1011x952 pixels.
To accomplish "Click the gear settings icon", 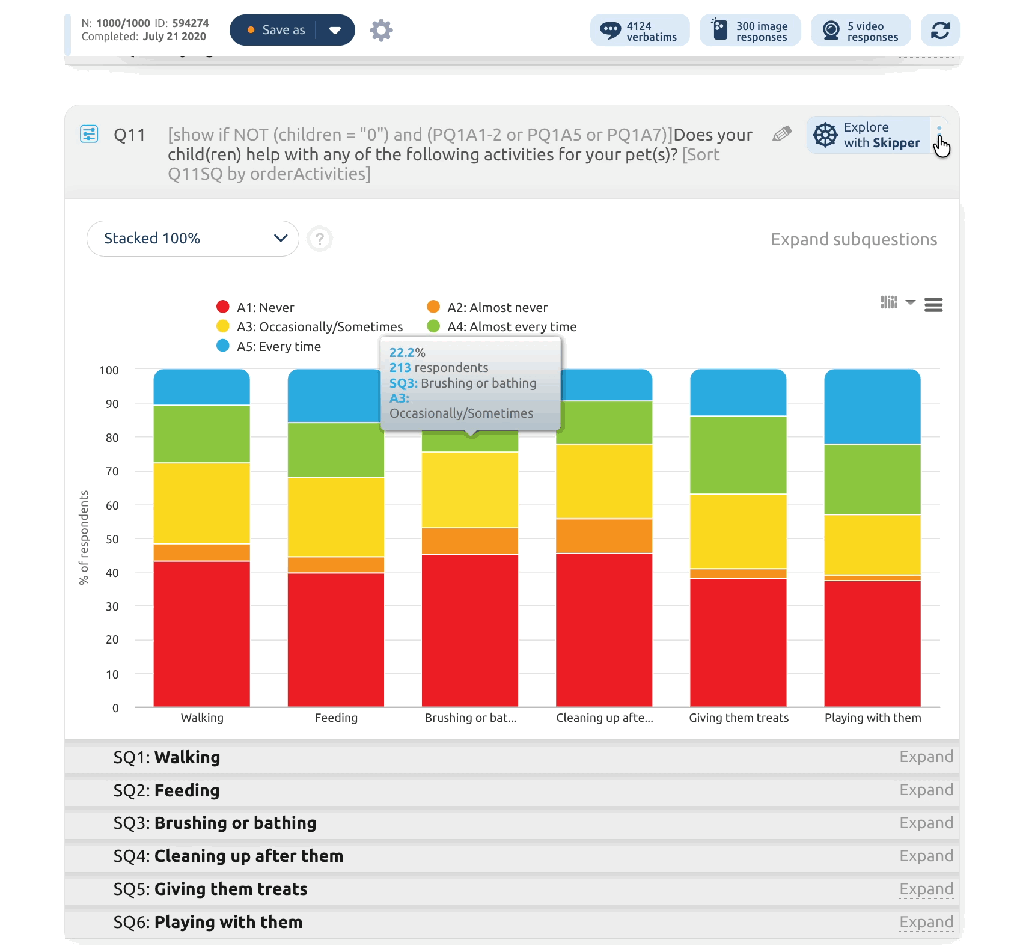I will (381, 30).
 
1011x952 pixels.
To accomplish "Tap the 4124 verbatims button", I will (640, 31).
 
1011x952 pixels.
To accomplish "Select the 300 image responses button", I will (750, 31).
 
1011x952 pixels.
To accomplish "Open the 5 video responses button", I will (860, 31).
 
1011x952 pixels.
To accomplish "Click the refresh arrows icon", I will (940, 30).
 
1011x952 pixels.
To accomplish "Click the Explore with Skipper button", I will (868, 135).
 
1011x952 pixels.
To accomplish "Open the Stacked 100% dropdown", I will (192, 239).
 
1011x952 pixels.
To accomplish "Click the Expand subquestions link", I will (854, 239).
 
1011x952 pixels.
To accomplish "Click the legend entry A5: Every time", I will (278, 346).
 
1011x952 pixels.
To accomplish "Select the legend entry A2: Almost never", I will (497, 307).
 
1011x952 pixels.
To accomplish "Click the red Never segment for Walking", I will (201, 633).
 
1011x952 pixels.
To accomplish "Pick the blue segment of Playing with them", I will (872, 406).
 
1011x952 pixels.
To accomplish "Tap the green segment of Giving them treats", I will (738, 454).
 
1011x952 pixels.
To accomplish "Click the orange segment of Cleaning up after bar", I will (604, 535).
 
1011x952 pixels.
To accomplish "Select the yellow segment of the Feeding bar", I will (335, 517).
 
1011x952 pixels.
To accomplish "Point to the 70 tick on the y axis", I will (112, 471).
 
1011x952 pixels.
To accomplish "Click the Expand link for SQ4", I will (926, 856).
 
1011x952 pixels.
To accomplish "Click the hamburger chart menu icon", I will (933, 305).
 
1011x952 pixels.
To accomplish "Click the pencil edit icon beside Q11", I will (781, 134).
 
